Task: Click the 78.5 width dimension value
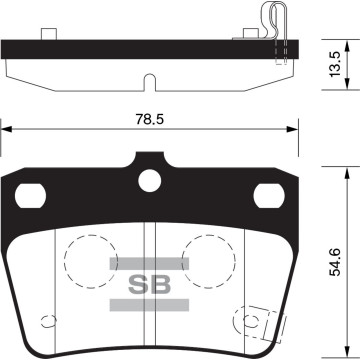coord(150,118)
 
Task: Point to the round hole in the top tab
coord(150,181)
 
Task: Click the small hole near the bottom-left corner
coord(44,321)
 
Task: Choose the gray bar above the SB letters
coord(149,262)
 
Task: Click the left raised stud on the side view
coord(48,35)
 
